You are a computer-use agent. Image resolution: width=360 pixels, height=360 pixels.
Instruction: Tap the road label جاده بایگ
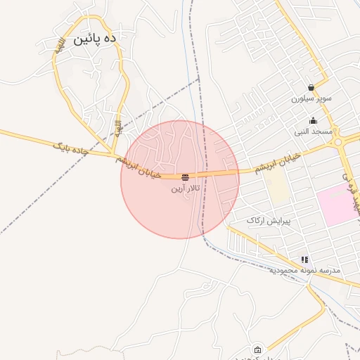pos(71,148)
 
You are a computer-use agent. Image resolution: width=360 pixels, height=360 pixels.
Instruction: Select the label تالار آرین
pos(186,188)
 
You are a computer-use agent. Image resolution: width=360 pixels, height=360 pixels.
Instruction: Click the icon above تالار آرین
pos(185,177)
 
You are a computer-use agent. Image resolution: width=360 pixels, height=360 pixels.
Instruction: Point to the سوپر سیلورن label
pos(311,99)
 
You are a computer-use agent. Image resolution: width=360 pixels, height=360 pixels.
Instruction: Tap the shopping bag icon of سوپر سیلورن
pos(311,88)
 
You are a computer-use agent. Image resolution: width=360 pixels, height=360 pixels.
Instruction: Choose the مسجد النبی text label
pos(313,131)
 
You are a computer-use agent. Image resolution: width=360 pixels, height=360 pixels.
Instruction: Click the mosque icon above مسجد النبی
pos(313,121)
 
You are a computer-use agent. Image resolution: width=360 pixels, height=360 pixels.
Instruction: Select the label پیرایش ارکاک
pos(268,220)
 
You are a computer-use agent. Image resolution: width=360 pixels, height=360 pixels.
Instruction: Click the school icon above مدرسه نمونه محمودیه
pos(304,259)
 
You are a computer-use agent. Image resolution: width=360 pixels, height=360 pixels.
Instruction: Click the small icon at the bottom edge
pos(257,350)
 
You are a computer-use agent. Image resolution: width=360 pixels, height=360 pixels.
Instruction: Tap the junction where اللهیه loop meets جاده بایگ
pos(112,153)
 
